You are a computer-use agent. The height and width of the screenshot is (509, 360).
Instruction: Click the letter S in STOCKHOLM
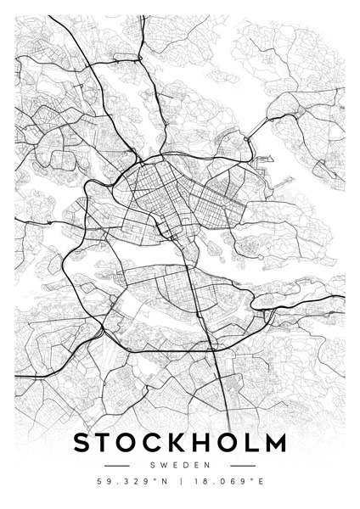(83, 443)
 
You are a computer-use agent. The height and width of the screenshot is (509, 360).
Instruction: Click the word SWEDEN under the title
(179, 466)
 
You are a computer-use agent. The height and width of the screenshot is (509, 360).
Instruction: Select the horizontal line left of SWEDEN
(116, 466)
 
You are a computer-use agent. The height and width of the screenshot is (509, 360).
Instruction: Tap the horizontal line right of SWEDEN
(243, 466)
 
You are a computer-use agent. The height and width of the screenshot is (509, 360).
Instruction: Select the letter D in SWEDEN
(181, 466)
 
